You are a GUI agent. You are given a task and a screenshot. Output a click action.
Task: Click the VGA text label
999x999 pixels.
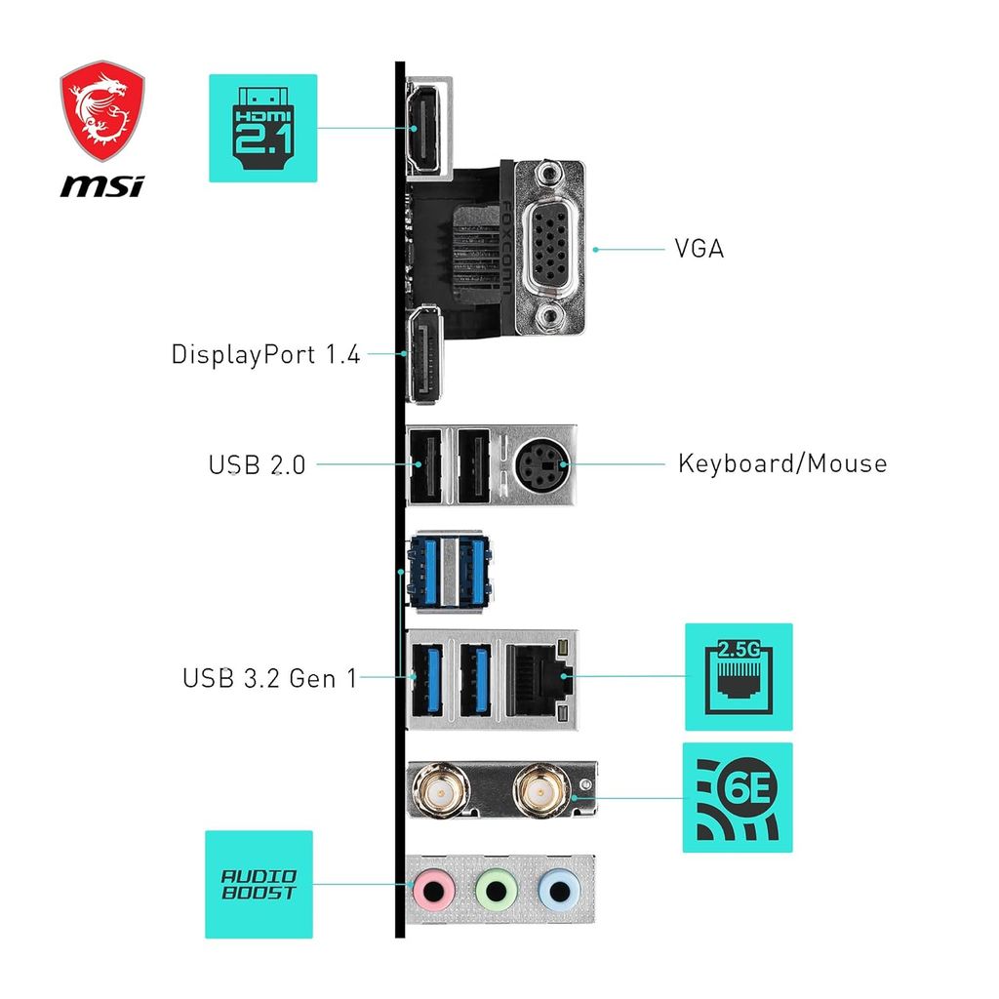[x=699, y=249]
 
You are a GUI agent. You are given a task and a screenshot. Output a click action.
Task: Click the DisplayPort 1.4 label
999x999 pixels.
[x=265, y=354]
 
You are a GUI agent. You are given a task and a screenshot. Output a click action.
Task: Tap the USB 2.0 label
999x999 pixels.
[x=257, y=464]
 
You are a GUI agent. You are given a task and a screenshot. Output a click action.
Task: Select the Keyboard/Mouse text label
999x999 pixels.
[x=782, y=462]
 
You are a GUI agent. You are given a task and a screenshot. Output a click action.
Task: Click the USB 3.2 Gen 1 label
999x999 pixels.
[x=269, y=677]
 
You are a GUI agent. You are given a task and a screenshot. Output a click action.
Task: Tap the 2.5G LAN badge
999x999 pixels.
[x=739, y=677]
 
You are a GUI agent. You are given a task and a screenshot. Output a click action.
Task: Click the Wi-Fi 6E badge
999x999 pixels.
[x=738, y=797]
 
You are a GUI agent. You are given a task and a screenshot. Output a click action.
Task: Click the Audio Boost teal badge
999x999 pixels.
[x=259, y=884]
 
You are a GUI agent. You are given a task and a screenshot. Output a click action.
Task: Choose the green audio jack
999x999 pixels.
[x=496, y=890]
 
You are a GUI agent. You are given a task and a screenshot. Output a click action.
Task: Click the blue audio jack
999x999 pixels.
[x=559, y=890]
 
